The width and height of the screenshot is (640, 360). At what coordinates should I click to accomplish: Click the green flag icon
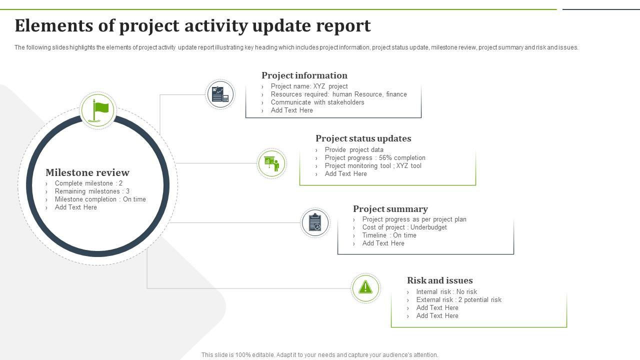99,110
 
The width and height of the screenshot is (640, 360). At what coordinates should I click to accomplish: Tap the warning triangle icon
365,287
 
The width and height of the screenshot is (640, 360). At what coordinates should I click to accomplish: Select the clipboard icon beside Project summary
315,222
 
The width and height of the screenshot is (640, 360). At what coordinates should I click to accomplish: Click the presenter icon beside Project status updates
271,163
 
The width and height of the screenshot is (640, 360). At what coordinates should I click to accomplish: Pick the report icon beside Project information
220,94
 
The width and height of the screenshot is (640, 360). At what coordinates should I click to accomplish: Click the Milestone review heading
87,172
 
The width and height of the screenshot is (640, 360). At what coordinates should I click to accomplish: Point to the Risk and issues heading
439,280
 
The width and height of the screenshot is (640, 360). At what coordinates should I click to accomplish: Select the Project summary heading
390,209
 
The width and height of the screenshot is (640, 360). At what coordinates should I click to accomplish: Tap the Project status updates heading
363,138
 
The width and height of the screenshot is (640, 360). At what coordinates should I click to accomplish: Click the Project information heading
304,75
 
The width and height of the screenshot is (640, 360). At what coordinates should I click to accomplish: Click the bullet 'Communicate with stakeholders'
317,102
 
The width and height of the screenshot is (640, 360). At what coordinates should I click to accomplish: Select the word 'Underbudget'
428,227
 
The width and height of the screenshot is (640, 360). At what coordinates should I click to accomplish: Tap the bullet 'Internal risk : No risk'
446,291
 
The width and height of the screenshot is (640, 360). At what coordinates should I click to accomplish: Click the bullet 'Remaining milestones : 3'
92,191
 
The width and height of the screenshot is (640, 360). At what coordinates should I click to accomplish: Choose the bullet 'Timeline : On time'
389,235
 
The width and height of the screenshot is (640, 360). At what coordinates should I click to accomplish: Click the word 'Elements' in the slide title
54,25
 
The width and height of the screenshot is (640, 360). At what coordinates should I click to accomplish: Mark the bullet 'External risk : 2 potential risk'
458,299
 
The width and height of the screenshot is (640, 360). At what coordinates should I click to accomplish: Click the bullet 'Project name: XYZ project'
309,86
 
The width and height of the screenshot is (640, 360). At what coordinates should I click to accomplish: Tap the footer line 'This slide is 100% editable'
319,355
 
